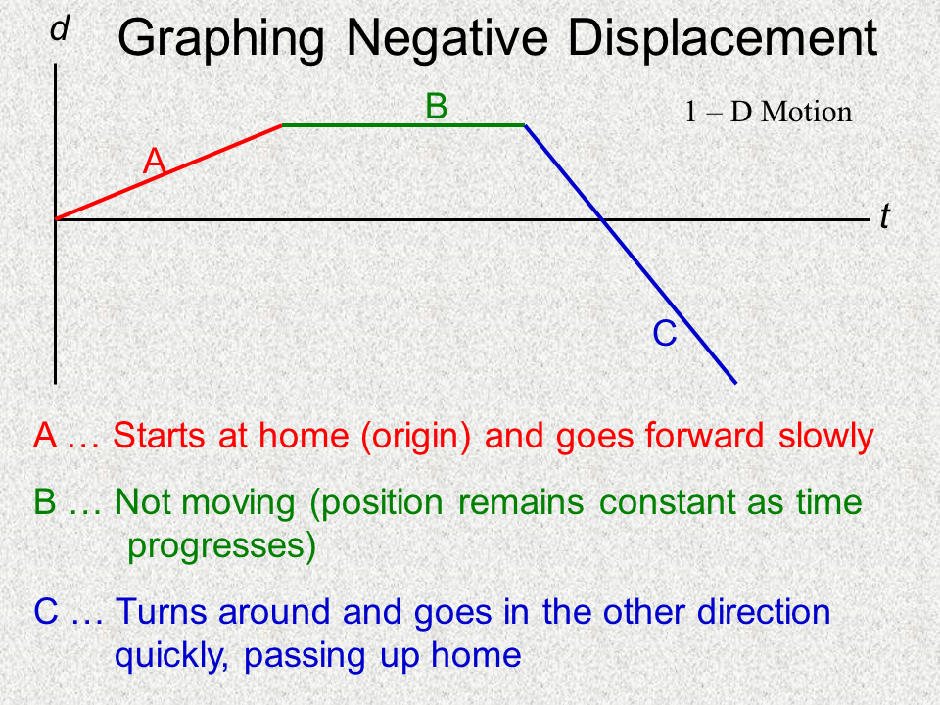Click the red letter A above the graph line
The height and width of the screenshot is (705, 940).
click(154, 161)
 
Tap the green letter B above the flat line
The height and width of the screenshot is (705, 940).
click(436, 106)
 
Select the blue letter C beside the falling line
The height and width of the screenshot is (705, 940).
click(665, 335)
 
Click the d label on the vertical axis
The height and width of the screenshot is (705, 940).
click(60, 30)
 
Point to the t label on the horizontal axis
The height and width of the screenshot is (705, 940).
click(884, 217)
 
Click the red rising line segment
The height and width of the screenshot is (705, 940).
click(168, 172)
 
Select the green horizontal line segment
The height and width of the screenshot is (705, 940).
click(403, 125)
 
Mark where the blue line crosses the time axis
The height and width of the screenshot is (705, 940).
click(604, 219)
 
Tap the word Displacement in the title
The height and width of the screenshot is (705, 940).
click(723, 39)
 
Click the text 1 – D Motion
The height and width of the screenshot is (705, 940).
click(768, 112)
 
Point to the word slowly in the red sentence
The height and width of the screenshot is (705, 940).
click(825, 436)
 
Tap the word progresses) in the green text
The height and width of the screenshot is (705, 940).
click(222, 547)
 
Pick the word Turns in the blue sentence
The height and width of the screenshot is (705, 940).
click(163, 612)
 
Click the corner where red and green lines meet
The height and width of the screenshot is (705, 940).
click(282, 125)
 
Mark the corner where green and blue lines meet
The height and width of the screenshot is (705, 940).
click(526, 125)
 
